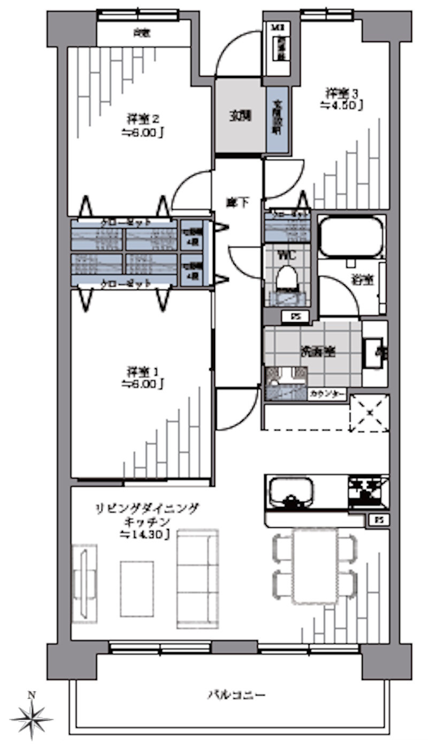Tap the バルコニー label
point(236,695)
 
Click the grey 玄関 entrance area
point(240,116)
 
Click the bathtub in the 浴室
point(351,237)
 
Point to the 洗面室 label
point(317,352)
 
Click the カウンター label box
point(327,394)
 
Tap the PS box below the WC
point(295,316)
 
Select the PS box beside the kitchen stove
point(378,519)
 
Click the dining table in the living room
point(315,566)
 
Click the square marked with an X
point(370,413)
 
